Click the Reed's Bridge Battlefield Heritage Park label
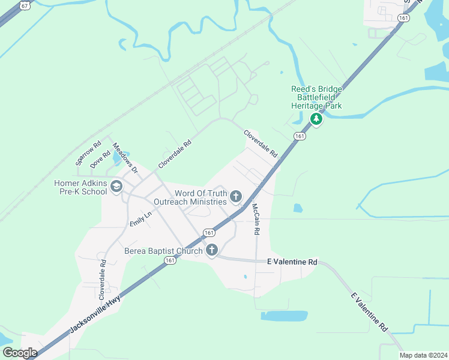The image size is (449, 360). [x=316, y=97]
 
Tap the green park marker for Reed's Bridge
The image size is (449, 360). [x=316, y=120]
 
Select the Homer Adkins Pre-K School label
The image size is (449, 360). [x=80, y=187]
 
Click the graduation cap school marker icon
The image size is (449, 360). [x=116, y=188]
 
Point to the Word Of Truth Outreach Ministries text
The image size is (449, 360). [x=200, y=197]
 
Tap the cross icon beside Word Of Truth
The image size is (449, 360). [x=236, y=196]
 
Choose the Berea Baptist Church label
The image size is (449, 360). [x=163, y=251]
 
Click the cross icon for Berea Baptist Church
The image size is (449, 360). [x=211, y=251]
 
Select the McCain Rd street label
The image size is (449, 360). [x=256, y=218]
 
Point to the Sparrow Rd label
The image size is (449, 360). [x=88, y=154]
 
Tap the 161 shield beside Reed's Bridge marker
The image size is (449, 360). [x=300, y=137]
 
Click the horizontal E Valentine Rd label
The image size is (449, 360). [x=292, y=262]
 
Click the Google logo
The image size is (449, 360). [x=20, y=352]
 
